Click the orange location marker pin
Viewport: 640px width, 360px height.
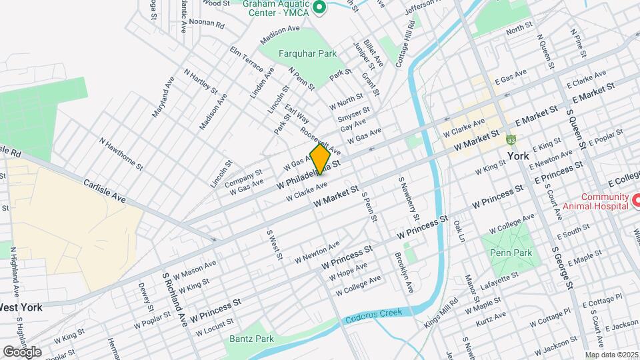[x=320, y=159]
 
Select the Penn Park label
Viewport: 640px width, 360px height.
[x=511, y=253]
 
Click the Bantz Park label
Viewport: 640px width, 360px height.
[x=251, y=339]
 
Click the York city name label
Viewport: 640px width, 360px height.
[x=518, y=156]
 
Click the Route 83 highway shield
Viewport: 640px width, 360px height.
[x=511, y=140]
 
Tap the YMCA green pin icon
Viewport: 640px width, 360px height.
[x=319, y=8]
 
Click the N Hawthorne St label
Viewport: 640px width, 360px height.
[x=121, y=153]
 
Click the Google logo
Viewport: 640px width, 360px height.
[x=22, y=351]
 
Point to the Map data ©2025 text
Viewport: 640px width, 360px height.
[x=611, y=355]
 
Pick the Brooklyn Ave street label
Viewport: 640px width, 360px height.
[x=403, y=273]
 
